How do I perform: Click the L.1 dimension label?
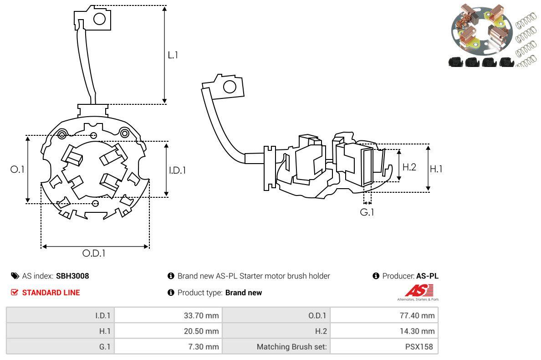pos(173,55)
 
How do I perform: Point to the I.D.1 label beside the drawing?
pos(177,170)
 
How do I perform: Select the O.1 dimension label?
pos(17,169)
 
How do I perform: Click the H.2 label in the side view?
pos(409,167)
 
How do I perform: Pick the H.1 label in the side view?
pos(436,169)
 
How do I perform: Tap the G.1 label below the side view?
pos(367,212)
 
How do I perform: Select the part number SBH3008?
pos(72,276)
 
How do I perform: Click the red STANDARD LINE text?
pos(51,293)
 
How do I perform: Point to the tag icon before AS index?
pos(15,276)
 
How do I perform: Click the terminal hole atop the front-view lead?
pos(99,19)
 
